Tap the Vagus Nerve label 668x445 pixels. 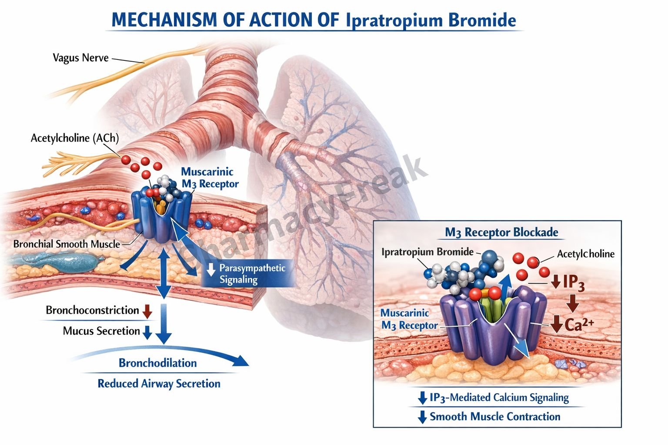click(x=80, y=57)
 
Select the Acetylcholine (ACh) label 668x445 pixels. click(x=74, y=138)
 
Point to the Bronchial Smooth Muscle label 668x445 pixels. click(x=67, y=244)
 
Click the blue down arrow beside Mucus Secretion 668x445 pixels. click(x=147, y=332)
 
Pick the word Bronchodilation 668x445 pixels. click(x=157, y=363)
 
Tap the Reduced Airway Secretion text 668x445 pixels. click(x=159, y=384)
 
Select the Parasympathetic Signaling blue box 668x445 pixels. click(x=248, y=274)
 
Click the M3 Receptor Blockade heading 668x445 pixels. click(x=501, y=232)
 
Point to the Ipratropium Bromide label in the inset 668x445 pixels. click(x=428, y=252)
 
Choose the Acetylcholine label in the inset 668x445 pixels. click(x=585, y=254)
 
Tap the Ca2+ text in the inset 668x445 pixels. click(x=579, y=324)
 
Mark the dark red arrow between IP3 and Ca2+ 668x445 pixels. click(x=572, y=302)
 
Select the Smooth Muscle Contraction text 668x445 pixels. click(x=495, y=417)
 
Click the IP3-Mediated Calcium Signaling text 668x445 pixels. click(x=499, y=397)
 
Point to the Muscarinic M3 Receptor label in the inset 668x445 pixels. click(x=409, y=319)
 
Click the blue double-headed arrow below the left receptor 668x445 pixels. click(x=164, y=274)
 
